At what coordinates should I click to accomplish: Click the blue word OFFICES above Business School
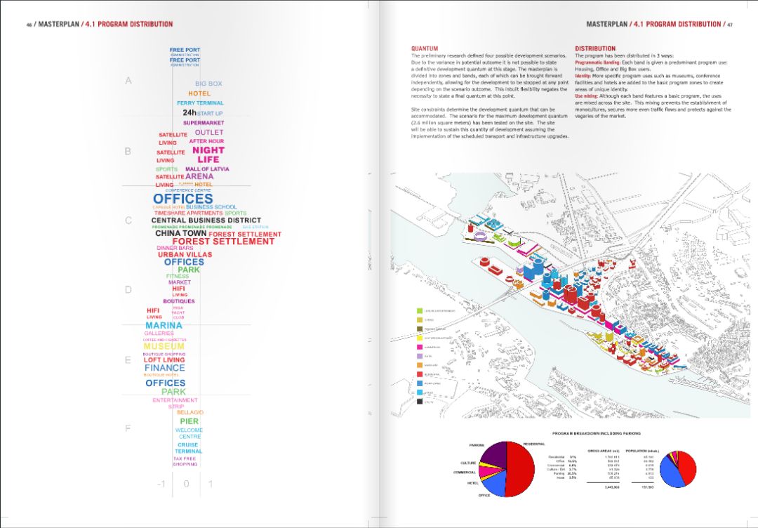coord(182,199)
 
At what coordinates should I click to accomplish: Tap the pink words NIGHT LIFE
coord(208,154)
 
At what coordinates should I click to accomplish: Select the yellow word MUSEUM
coord(164,346)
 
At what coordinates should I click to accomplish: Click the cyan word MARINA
coord(164,326)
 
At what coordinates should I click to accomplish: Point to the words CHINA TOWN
coord(181,234)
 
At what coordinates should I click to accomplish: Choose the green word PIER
coord(189,421)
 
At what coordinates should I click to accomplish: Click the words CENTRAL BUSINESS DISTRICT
coord(206,220)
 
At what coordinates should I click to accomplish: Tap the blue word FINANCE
coord(165,367)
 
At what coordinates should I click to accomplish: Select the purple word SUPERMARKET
coord(204,123)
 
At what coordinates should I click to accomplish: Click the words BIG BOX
coord(208,84)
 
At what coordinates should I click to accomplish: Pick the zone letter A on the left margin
coord(128,81)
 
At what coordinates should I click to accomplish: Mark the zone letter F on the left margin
coord(128,428)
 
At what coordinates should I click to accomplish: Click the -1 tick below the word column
coord(161,484)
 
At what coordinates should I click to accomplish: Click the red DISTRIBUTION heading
coord(595,48)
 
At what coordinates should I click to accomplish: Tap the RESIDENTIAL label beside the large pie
coord(534,444)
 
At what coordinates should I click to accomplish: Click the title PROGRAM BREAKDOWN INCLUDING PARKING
coord(596,433)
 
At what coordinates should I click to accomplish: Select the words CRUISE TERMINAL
coord(188,448)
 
